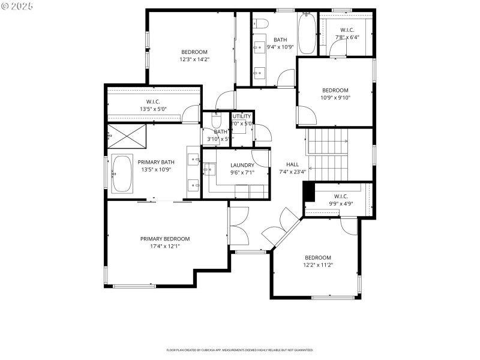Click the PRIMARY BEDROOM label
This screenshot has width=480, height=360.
tap(165, 239)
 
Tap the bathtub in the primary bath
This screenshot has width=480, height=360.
tap(123, 175)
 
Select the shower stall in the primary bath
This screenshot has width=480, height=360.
tap(127, 136)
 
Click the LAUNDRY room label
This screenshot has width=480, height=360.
tap(242, 165)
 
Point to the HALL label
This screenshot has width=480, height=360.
tap(292, 164)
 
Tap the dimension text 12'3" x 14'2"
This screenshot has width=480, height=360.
tap(194, 59)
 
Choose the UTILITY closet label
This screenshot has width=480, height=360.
tap(242, 116)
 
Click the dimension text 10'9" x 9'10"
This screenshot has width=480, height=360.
tap(335, 98)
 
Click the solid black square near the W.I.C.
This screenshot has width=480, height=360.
tap(309, 193)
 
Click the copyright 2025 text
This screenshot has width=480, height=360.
tap(17, 5)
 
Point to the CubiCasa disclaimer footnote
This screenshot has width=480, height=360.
tap(239, 350)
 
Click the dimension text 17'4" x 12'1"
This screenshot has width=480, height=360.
tap(165, 246)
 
